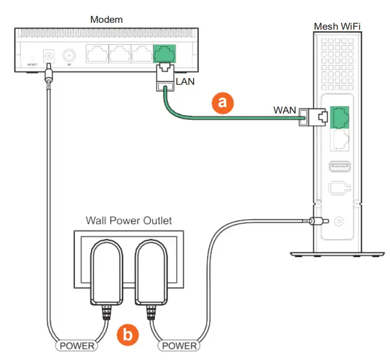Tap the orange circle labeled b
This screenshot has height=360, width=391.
[127, 335]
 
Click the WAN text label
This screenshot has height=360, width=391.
[284, 111]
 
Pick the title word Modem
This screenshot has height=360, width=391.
[107, 20]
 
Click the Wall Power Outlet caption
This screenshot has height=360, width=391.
[129, 220]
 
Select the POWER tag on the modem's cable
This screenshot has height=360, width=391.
[77, 346]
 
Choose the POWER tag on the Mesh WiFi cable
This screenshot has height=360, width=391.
[178, 346]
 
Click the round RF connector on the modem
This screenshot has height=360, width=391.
[68, 55]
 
